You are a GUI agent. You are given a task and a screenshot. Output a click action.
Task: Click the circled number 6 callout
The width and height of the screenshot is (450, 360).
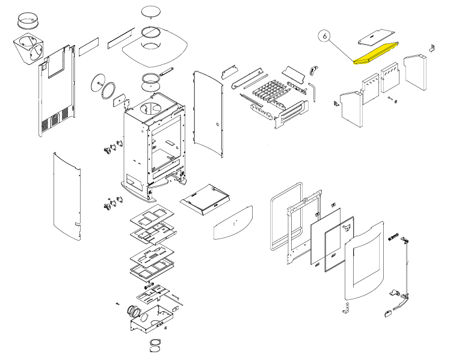coord(325,36)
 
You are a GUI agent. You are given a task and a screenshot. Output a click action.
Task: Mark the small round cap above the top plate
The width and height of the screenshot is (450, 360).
coord(150,12)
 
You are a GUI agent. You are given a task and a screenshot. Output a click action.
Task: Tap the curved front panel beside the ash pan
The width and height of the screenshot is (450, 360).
coord(233,222)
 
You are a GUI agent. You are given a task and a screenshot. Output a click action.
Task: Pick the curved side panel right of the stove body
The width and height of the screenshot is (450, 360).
coord(206,114)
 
